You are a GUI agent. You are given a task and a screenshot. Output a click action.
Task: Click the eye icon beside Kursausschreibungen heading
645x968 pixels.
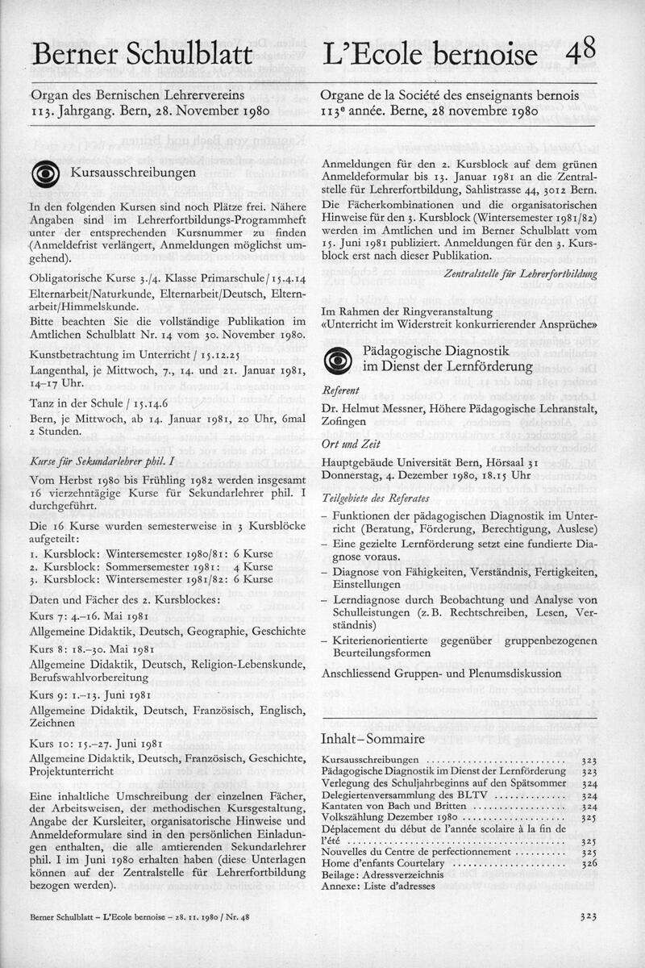click(x=44, y=175)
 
